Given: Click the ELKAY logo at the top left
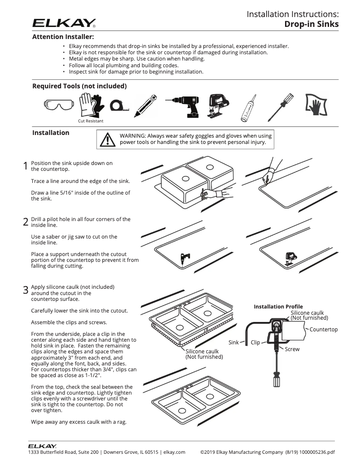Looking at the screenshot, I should pyautogui.click(x=64, y=22).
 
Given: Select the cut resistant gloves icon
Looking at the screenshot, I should pyautogui.click(x=91, y=105).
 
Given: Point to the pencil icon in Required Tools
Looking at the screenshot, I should pyautogui.click(x=145, y=106).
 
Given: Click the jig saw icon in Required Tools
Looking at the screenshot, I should pyautogui.click(x=217, y=106).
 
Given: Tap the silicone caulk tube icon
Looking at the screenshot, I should pyautogui.click(x=249, y=108).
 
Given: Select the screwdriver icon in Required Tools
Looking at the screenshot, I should pyautogui.click(x=281, y=107).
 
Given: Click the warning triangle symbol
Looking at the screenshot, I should pyautogui.click(x=107, y=139).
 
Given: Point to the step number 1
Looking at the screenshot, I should pyautogui.click(x=26, y=166).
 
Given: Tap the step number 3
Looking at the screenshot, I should pyautogui.click(x=26, y=290).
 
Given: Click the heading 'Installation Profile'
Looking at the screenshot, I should pyautogui.click(x=278, y=307).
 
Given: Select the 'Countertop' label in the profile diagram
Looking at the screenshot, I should pyautogui.click(x=324, y=330).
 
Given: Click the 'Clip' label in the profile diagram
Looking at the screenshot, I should pyautogui.click(x=255, y=343).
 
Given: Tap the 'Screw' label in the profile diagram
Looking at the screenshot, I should pyautogui.click(x=292, y=349).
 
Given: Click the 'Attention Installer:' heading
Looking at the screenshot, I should pyautogui.click(x=63, y=37).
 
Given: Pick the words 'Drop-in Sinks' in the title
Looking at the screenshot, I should pyautogui.click(x=311, y=24).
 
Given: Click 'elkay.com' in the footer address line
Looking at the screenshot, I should pyautogui.click(x=174, y=452).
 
